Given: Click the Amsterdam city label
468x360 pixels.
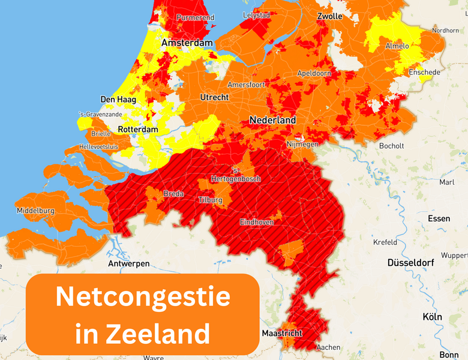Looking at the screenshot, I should pyautogui.click(x=187, y=43).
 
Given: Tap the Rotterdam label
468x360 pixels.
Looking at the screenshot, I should pyautogui.click(x=138, y=130).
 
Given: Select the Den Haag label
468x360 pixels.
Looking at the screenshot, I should pyautogui.click(x=118, y=100).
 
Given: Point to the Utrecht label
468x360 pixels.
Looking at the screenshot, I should pyautogui.click(x=214, y=97).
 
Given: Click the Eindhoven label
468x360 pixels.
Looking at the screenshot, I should pyautogui.click(x=257, y=222).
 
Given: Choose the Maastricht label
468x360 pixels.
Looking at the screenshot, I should pyautogui.click(x=282, y=333).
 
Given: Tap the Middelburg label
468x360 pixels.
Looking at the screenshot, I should pyautogui.click(x=36, y=211).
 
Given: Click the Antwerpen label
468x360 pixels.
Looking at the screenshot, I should pyautogui.click(x=129, y=263).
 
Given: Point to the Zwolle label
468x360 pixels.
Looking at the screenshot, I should pyautogui.click(x=329, y=16).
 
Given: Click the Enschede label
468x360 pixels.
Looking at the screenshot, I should pyautogui.click(x=424, y=73).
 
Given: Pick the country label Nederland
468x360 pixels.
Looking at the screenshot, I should pyautogui.click(x=272, y=120).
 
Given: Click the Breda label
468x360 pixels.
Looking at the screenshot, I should pyautogui.click(x=173, y=194).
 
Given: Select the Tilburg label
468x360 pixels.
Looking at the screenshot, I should pyautogui.click(x=210, y=200).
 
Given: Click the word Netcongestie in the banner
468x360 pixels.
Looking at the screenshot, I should pyautogui.click(x=143, y=298).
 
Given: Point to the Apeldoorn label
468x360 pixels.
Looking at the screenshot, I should pyautogui.click(x=314, y=73).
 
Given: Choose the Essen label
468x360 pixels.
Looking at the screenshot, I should pyautogui.click(x=439, y=218).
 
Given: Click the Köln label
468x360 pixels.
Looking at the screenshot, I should pyautogui.click(x=432, y=317).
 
